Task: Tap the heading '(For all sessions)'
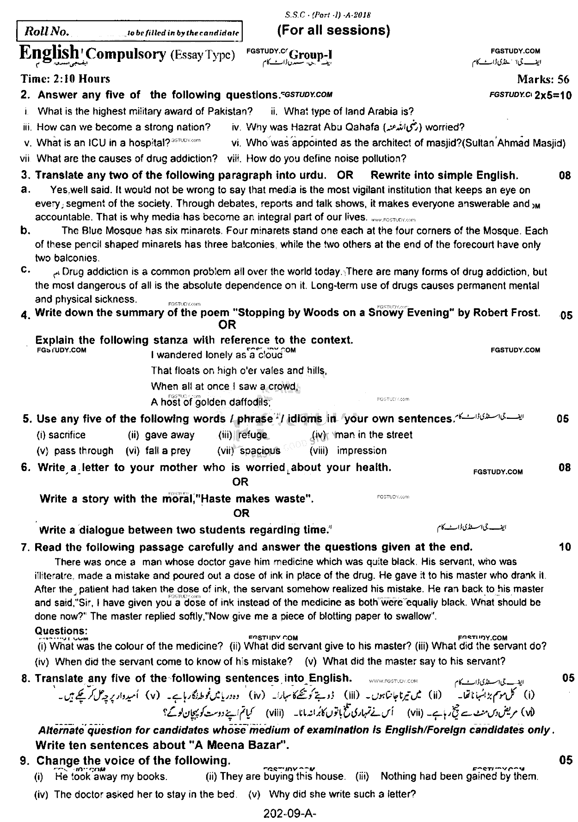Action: [x=333, y=31]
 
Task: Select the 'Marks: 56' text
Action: [x=543, y=79]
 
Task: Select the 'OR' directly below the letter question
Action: [x=240, y=482]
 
